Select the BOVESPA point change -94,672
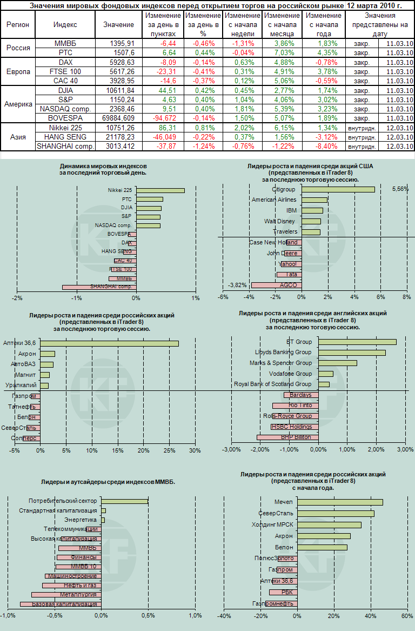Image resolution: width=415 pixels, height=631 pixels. [160, 117]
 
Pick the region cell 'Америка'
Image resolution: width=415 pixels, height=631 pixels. [18, 104]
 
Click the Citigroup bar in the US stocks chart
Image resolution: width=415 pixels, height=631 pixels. [338, 189]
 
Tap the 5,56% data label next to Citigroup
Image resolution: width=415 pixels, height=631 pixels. [400, 189]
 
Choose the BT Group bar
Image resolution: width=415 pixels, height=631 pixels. [357, 342]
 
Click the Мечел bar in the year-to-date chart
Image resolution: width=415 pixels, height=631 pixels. [340, 502]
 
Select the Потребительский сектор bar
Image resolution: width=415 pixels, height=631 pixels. [124, 501]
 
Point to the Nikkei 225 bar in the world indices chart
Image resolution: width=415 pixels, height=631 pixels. [160, 190]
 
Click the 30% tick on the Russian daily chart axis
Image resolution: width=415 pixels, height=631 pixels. [195, 450]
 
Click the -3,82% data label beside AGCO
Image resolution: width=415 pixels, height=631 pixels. [238, 285]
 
